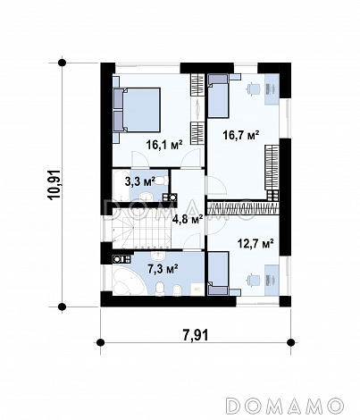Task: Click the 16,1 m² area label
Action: click(x=163, y=145)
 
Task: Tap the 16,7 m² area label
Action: click(x=241, y=136)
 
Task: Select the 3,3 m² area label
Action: click(x=140, y=181)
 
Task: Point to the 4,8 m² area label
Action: click(x=188, y=220)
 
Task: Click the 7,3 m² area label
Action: click(x=163, y=269)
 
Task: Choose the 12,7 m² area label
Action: click(x=255, y=244)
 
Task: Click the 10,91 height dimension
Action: click(x=55, y=185)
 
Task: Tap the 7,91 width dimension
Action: click(x=196, y=335)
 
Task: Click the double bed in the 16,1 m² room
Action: click(x=137, y=110)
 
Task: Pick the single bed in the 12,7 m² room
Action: click(x=218, y=273)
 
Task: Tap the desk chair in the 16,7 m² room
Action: click(x=254, y=88)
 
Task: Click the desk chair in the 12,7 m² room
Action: click(x=254, y=281)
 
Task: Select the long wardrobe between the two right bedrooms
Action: click(x=243, y=207)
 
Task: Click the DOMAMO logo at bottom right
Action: click(x=284, y=406)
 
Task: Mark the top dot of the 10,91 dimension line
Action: click(x=62, y=63)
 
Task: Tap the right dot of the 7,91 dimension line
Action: click(x=291, y=342)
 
